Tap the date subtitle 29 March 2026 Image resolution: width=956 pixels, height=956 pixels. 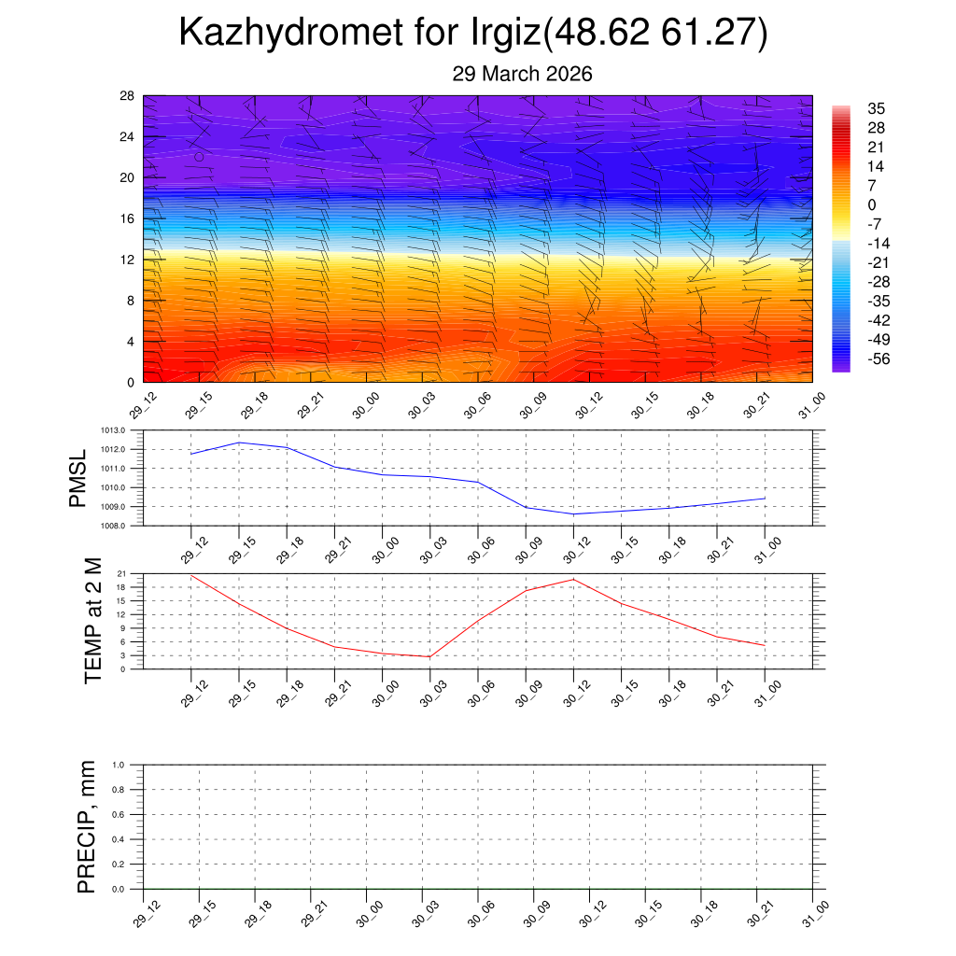coord(522,74)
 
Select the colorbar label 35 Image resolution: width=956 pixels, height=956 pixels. coord(876,108)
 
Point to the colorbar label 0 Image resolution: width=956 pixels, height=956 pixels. coord(872,205)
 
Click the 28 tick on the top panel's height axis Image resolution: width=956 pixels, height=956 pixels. coord(127,95)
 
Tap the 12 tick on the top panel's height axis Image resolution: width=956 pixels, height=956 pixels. coord(127,260)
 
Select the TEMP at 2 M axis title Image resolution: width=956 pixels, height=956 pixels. coord(92,621)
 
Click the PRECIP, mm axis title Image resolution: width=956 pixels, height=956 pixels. coord(87,827)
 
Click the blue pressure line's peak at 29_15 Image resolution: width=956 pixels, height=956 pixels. coord(239,443)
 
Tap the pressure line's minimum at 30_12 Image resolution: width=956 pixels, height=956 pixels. coord(573,513)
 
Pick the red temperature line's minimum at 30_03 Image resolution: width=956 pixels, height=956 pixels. coord(429,656)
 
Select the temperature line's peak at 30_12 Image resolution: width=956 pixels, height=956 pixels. coord(573,579)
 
